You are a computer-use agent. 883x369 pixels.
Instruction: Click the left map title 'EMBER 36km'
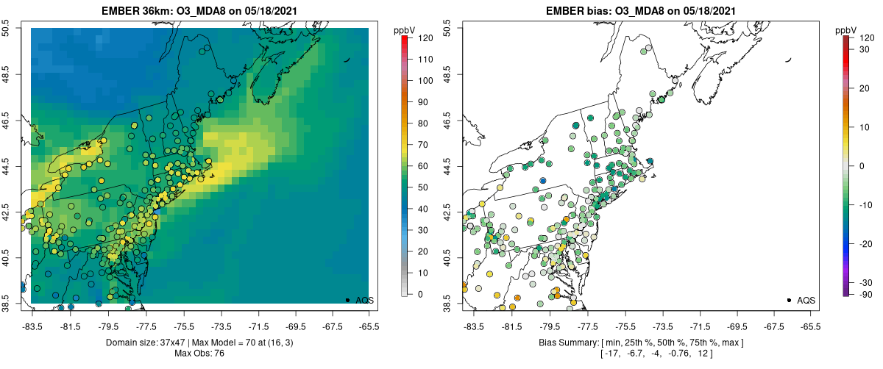click(x=138, y=10)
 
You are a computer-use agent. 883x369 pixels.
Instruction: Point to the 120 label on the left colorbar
click(x=425, y=37)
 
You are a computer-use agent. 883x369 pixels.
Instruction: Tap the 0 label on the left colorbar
click(x=419, y=294)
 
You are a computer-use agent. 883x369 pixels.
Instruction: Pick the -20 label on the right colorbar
click(x=865, y=243)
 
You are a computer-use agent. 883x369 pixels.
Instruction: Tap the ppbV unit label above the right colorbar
click(x=845, y=30)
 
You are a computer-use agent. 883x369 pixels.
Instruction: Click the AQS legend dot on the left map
click(x=347, y=300)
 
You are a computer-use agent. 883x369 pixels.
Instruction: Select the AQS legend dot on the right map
click(x=789, y=300)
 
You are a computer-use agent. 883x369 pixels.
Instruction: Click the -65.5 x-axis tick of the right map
click(x=810, y=324)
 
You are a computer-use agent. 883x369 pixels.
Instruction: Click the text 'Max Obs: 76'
click(x=199, y=354)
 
